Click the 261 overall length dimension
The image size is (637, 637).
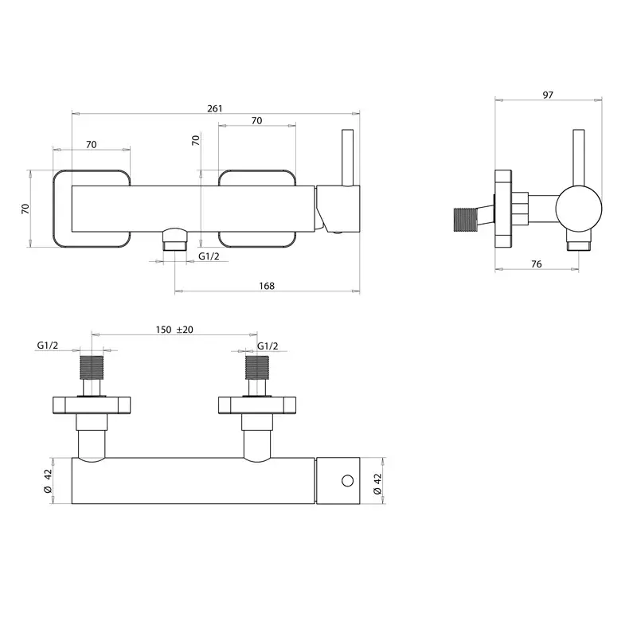215,108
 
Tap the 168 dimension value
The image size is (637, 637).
267,286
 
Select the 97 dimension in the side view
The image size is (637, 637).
548,95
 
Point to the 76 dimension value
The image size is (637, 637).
537,264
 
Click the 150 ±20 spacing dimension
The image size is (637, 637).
174,330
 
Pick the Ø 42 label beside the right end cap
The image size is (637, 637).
377,484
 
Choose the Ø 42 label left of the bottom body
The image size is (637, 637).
48,481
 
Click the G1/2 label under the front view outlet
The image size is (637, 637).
209,256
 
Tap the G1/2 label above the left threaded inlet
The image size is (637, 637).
48,346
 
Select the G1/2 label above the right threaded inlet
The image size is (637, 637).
268,346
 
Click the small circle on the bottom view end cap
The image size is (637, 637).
348,481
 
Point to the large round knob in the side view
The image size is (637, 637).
579,209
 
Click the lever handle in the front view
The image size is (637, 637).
348,158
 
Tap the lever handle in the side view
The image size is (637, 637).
579,158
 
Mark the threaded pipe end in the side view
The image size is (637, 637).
465,220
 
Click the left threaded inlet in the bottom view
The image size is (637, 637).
92,368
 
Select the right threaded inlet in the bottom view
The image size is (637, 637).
257,368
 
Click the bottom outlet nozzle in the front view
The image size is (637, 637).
174,240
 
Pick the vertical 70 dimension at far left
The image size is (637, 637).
25,209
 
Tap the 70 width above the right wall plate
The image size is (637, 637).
256,121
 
